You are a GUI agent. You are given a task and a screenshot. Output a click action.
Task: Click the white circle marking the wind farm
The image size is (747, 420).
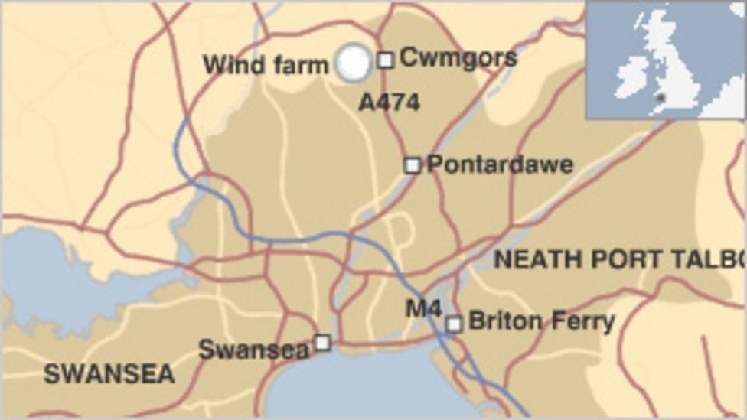point(353,63)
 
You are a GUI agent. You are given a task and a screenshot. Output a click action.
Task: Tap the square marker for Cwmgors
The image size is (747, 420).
point(386,59)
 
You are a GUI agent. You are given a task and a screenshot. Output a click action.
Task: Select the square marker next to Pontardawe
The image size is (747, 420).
point(413,164)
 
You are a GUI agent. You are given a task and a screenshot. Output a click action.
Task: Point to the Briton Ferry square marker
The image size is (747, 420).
point(454,324)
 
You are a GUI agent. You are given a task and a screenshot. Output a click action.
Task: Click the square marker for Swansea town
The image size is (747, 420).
point(323,342)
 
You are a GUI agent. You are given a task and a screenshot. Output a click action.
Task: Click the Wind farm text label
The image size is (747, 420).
point(265,65)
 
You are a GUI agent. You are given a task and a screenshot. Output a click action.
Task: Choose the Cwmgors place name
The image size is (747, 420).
point(458,57)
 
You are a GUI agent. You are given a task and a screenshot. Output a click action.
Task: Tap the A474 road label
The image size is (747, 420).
point(389,103)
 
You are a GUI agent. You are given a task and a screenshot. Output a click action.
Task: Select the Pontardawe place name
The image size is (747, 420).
point(500,164)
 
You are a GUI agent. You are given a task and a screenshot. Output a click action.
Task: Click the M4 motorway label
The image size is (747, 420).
point(423,308)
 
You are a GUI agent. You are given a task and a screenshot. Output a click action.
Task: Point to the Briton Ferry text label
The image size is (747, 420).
point(541,321)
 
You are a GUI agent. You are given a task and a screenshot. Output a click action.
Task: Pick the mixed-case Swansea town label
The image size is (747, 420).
point(253,350)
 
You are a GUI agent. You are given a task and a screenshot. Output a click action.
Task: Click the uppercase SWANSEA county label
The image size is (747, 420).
point(109,374)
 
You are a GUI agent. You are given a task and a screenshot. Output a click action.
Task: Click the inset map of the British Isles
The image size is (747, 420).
point(665,60)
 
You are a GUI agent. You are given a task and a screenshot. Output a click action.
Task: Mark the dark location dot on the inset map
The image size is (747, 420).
point(660,97)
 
